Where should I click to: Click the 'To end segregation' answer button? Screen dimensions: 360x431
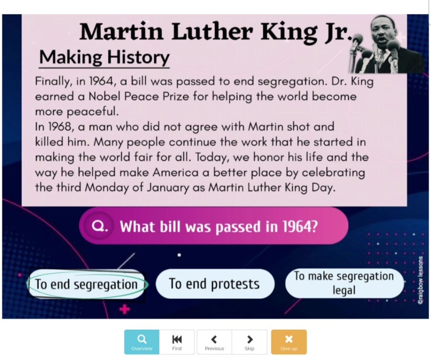click(x=86, y=285)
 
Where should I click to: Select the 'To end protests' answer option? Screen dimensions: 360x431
click(x=214, y=284)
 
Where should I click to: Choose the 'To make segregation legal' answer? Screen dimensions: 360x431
click(x=344, y=283)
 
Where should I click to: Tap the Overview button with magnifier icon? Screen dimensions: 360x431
click(x=142, y=342)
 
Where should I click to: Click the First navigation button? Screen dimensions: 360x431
click(x=177, y=342)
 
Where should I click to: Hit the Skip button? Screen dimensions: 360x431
click(x=250, y=342)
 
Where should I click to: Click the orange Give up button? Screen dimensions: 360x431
click(x=289, y=342)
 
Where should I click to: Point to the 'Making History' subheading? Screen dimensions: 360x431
click(x=104, y=57)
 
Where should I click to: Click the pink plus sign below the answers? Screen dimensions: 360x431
click(x=124, y=310)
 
